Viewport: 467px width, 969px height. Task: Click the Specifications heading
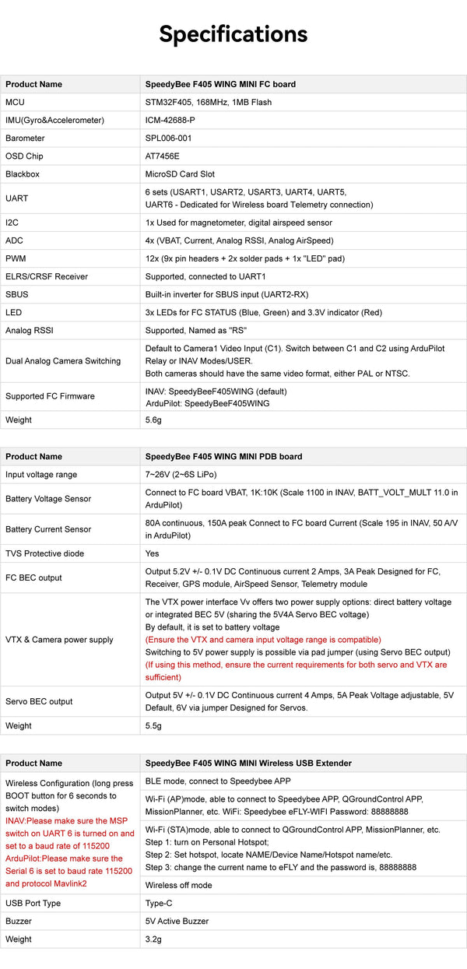[233, 34]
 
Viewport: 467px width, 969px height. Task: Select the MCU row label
[15, 102]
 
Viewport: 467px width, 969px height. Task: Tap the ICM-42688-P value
[170, 120]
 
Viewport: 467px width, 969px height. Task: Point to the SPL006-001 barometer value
[168, 138]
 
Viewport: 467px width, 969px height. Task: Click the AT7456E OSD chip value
[162, 156]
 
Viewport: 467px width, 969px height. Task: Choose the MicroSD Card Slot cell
[180, 174]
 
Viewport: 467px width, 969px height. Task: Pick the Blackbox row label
[23, 174]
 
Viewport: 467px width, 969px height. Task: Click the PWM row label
[16, 258]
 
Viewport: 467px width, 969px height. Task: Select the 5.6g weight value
[154, 420]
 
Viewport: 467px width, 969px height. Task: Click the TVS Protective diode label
[44, 553]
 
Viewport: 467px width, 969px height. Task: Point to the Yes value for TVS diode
[153, 553]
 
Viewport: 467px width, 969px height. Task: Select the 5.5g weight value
[154, 725]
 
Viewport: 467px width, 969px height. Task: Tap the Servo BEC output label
[39, 701]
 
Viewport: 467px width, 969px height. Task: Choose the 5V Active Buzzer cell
[177, 921]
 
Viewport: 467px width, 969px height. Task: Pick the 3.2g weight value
[154, 939]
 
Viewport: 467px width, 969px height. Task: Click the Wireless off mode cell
[178, 885]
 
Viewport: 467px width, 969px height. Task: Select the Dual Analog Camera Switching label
[63, 361]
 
